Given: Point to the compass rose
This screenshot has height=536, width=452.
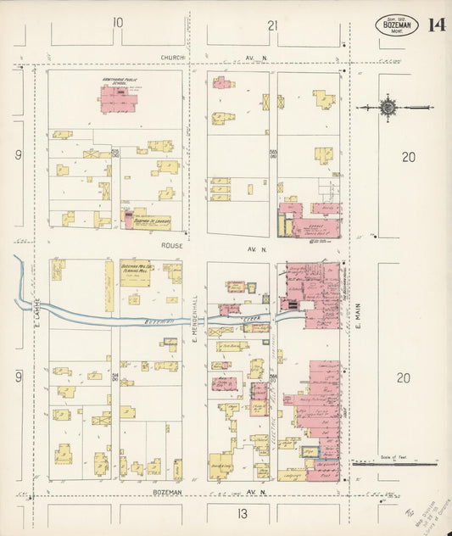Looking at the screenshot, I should point(388,108).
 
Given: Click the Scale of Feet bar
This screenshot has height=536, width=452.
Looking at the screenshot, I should point(394,464).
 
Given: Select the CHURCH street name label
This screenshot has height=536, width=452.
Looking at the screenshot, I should point(173,59).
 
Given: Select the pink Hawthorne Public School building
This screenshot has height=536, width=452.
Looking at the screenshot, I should point(119,100).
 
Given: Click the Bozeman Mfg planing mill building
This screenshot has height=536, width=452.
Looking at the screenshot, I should point(135,272).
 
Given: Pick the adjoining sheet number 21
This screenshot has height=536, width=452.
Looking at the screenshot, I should point(272,25).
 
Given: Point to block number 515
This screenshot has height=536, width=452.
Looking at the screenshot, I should point(114,154).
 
